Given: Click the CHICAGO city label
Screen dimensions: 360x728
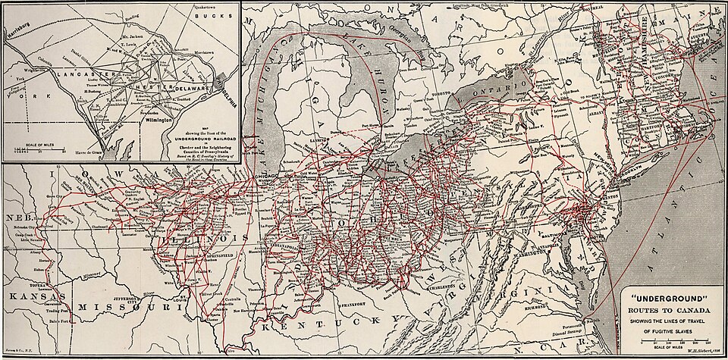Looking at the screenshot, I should click(267, 177).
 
